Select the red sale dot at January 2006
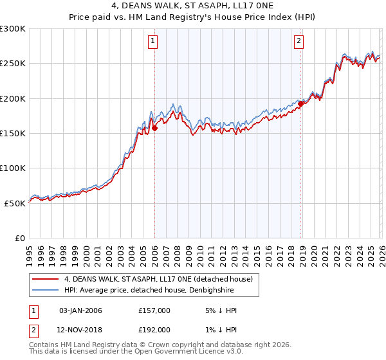154,128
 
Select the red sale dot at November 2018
300,104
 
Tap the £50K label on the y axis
15,203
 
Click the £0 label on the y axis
19,238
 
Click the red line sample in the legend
46,279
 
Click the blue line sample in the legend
46,290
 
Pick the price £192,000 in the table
154,329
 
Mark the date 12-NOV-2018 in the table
80,329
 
